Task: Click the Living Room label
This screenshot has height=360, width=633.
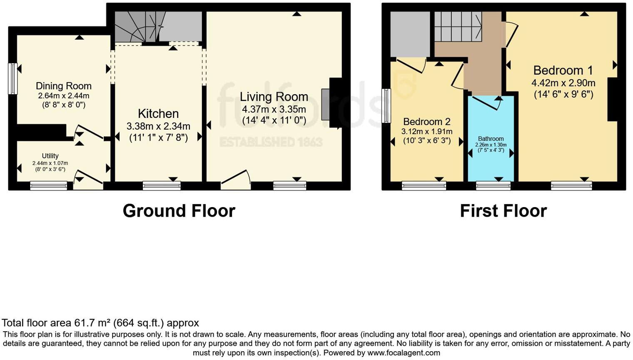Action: pyautogui.click(x=274, y=97)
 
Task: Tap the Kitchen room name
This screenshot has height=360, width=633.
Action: pyautogui.click(x=158, y=113)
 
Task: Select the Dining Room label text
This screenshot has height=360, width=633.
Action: pyautogui.click(x=64, y=86)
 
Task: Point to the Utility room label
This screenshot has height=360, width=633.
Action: pyautogui.click(x=50, y=156)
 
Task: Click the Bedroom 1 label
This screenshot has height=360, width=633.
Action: pyautogui.click(x=563, y=70)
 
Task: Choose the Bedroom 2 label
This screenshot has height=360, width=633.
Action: pyautogui.click(x=427, y=122)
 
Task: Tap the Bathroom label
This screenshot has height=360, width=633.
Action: pyautogui.click(x=491, y=139)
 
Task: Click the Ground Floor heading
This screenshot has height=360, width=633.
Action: pyautogui.click(x=179, y=211)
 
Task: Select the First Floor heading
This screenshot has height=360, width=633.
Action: pyautogui.click(x=503, y=211)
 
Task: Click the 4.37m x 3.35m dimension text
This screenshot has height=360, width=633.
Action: pyautogui.click(x=274, y=109)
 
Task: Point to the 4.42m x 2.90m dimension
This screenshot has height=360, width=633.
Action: pyautogui.click(x=563, y=83)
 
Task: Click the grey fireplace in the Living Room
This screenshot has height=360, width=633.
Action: pyautogui.click(x=325, y=105)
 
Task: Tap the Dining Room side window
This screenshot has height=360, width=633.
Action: pyautogui.click(x=13, y=78)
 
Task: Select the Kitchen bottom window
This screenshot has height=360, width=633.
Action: pyautogui.click(x=162, y=186)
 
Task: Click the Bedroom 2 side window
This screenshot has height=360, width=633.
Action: pyautogui.click(x=386, y=106)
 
